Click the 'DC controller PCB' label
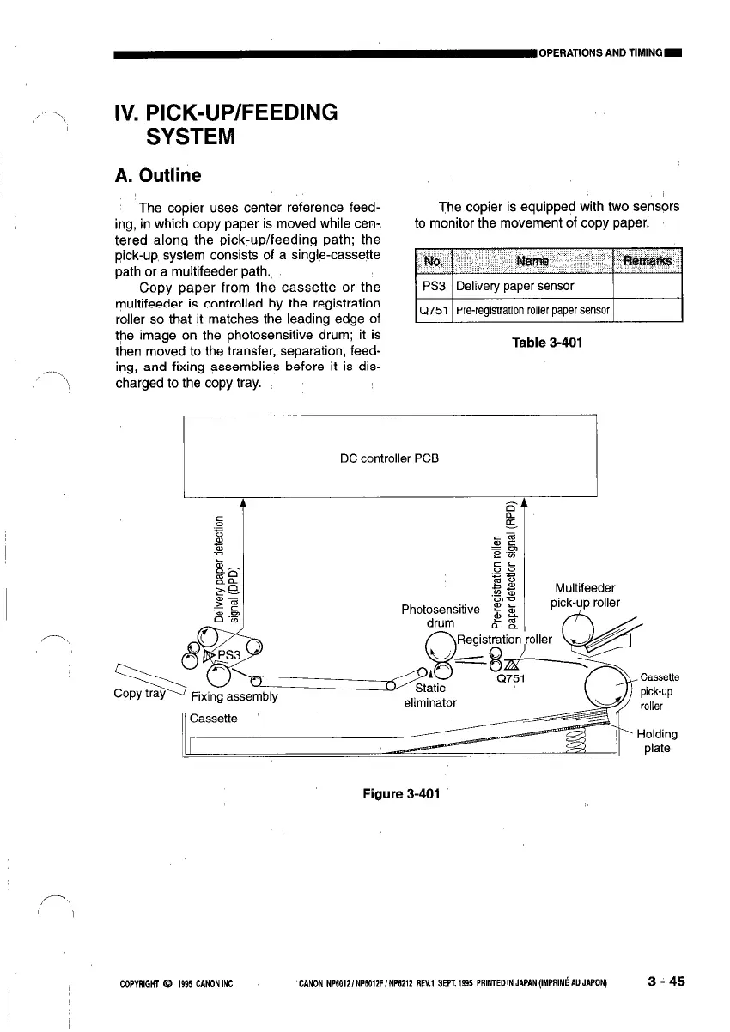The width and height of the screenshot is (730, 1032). click(389, 458)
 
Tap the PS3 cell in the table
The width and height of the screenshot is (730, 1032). click(434, 286)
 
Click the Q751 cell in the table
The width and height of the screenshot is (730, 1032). click(434, 310)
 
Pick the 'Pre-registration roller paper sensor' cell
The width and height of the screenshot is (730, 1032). click(532, 310)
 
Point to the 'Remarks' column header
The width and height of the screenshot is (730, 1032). click(648, 259)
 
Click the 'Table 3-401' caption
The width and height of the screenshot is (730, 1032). click(547, 343)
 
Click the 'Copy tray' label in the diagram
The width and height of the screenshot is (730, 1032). click(140, 693)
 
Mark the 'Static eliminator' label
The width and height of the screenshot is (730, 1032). click(429, 695)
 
